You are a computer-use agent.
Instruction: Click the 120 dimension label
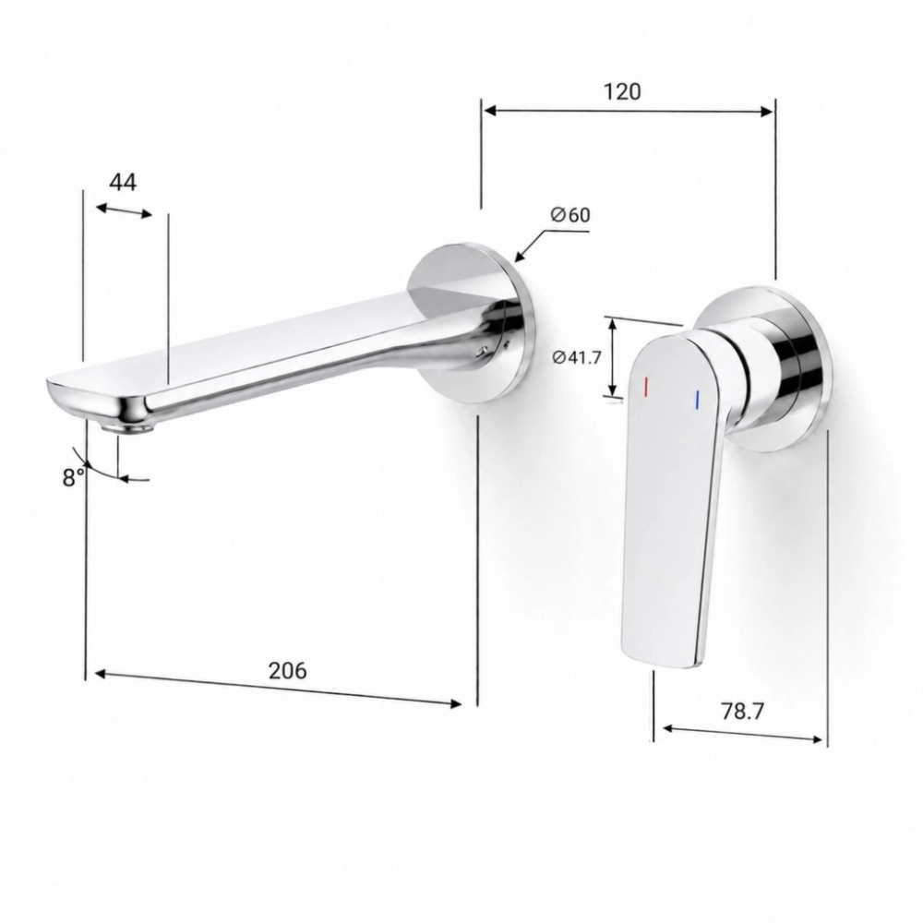coord(621,91)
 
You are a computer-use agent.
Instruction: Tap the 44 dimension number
coord(123,183)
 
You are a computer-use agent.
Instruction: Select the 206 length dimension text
coord(288,670)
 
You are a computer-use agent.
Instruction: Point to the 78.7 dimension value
coord(742,711)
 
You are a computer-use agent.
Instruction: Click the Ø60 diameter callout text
coord(569,215)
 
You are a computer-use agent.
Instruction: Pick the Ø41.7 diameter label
coord(577,356)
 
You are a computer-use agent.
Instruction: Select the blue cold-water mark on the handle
coord(697,399)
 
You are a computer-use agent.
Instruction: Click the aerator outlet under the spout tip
coord(127,428)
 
